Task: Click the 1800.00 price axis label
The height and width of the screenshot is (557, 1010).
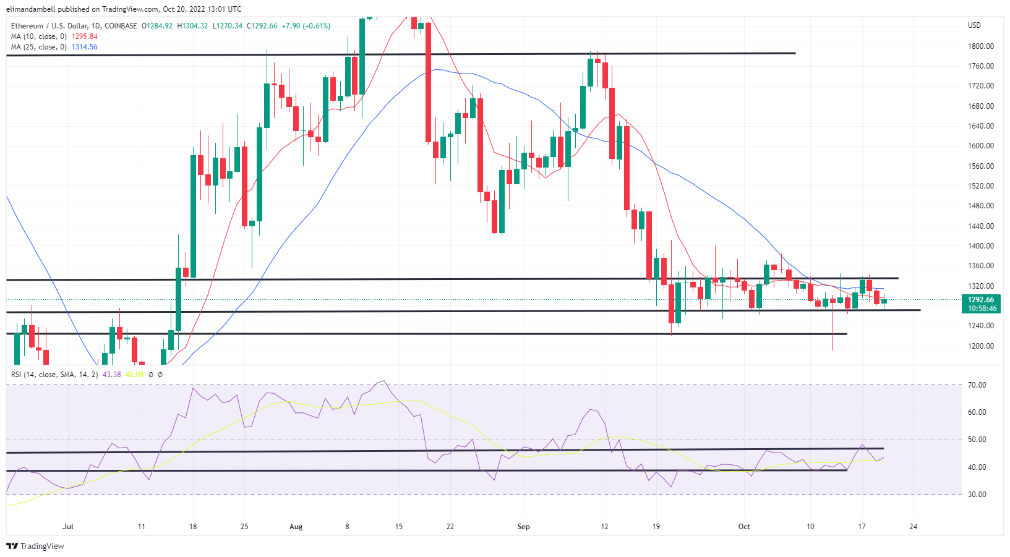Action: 980,46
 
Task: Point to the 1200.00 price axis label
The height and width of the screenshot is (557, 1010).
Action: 980,346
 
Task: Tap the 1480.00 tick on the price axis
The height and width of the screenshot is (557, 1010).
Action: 980,206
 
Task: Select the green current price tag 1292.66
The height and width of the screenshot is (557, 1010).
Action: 982,300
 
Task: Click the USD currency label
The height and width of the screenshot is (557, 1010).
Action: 974,25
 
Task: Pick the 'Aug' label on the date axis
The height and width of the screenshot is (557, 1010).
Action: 296,527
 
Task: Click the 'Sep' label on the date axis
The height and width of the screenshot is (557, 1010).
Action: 523,527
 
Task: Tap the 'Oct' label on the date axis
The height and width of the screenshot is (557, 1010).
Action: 744,527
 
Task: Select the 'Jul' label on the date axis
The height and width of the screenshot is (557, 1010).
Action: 68,527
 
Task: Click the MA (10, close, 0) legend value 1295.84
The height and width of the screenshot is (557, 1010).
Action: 85,36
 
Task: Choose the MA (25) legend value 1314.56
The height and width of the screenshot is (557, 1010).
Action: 85,47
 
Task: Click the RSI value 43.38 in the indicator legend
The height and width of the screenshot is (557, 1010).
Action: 112,375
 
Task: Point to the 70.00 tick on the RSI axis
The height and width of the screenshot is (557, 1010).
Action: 977,385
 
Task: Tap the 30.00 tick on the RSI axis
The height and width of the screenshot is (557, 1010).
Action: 977,495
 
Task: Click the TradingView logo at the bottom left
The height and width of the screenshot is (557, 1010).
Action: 35,546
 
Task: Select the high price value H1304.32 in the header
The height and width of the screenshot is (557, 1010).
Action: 192,26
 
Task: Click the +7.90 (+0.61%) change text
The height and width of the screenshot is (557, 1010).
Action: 306,26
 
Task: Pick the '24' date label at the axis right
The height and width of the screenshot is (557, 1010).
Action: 913,527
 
